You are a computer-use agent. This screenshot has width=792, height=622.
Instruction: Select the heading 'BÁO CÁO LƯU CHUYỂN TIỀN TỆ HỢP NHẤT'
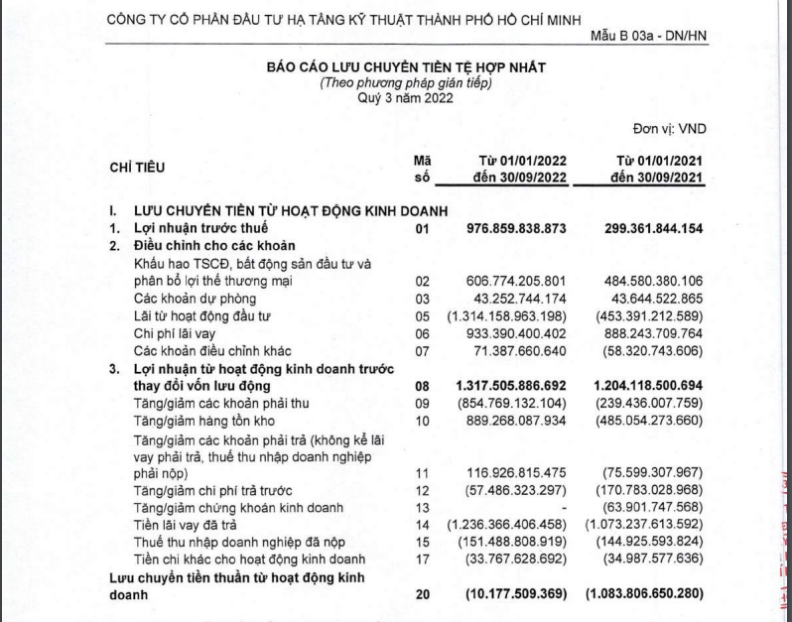click(406, 66)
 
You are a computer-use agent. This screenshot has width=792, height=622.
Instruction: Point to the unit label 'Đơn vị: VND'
click(668, 129)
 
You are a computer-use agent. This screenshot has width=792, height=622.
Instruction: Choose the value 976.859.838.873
click(516, 228)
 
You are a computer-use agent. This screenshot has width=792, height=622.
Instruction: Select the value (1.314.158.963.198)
click(507, 316)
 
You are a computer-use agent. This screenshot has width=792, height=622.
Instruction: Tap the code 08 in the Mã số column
click(423, 384)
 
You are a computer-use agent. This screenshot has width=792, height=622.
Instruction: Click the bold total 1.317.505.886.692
click(509, 384)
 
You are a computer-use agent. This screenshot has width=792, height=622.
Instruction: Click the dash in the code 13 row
click(561, 508)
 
